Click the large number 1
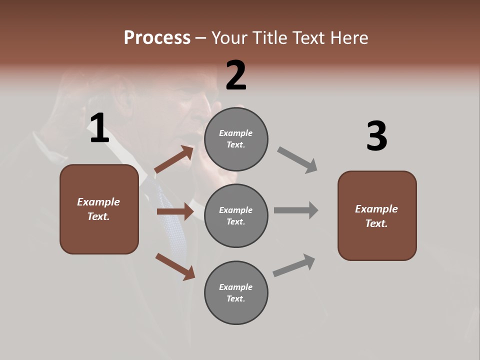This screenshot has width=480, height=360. [99, 128]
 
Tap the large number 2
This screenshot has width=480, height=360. [236, 75]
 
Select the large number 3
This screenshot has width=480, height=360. [376, 136]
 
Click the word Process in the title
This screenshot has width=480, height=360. [157, 37]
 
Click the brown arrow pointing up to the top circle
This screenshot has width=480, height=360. [174, 159]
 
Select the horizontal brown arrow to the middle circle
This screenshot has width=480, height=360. [175, 211]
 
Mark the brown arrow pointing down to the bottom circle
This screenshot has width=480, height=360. [175, 266]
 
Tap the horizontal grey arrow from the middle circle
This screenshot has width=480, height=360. [296, 210]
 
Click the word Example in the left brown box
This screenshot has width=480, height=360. [98, 202]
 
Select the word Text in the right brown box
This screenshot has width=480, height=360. [375, 223]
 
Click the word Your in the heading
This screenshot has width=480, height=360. [227, 37]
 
